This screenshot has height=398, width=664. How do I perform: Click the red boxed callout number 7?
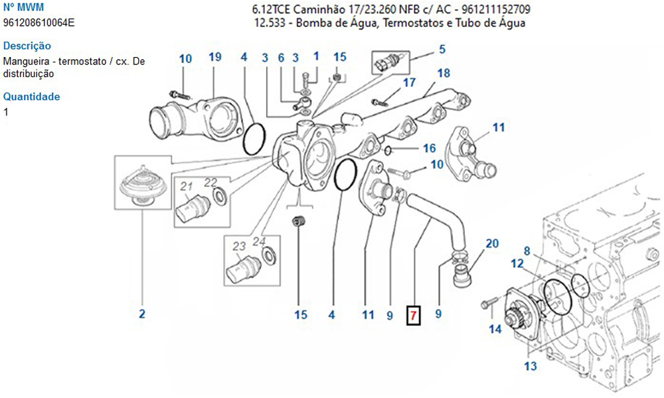point(413,316)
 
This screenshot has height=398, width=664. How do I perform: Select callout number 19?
point(214,57)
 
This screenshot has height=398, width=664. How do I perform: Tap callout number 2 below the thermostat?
point(141,314)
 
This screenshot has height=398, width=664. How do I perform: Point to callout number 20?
point(491,243)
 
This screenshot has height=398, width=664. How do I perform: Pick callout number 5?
point(442,48)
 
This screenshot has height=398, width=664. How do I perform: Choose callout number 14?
point(495,328)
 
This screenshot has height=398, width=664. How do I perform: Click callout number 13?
point(530,366)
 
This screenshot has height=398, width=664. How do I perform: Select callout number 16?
point(430,148)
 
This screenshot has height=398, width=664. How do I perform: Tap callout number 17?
point(409,83)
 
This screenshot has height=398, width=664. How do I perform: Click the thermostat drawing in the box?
point(141,185)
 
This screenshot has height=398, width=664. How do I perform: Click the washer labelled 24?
point(270,257)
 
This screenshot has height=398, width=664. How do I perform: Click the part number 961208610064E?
point(39,23)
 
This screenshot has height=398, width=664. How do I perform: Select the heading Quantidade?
point(31,97)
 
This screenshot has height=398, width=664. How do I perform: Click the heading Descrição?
point(27,46)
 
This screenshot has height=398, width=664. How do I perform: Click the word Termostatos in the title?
point(415,24)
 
